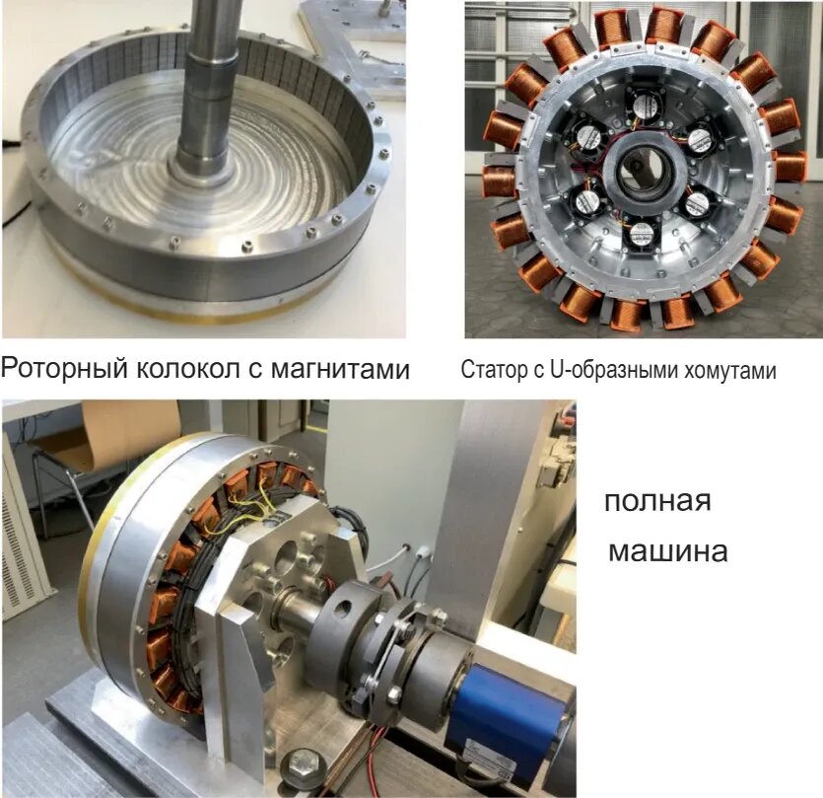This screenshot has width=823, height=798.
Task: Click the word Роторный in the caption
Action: (64, 368)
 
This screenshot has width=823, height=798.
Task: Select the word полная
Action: (657, 501)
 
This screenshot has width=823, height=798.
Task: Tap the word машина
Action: (667, 552)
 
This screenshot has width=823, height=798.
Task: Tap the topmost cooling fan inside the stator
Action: (645, 107)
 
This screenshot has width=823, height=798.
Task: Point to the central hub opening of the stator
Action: (635, 169)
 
